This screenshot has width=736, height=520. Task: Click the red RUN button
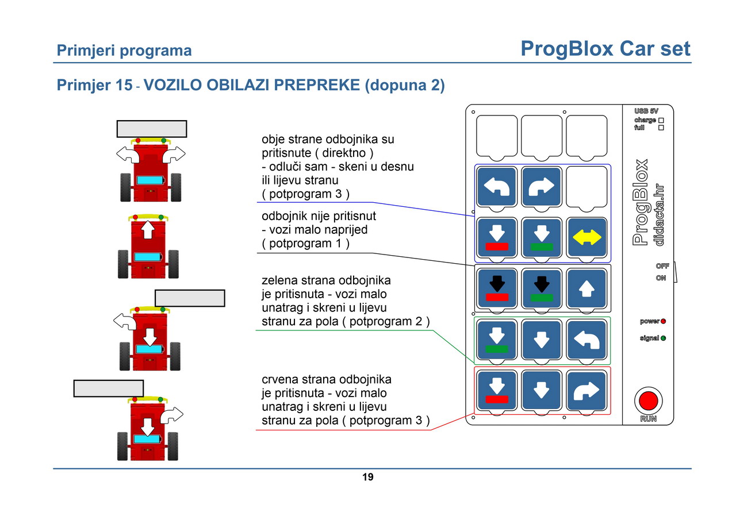click(648, 400)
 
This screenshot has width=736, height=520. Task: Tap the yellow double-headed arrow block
click(586, 237)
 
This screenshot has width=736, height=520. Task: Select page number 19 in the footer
click(367, 477)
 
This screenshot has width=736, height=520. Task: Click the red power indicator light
click(663, 321)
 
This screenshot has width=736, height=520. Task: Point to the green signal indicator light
click(663, 338)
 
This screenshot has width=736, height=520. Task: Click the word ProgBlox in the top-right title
click(567, 49)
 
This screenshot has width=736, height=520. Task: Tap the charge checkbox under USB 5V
click(661, 121)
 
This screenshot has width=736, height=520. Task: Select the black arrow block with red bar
click(497, 288)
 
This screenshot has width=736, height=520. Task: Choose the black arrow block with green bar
click(542, 288)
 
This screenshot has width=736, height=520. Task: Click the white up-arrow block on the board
click(586, 288)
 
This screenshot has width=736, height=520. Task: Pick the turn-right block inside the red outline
click(586, 391)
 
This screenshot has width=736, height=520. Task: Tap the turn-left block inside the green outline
click(586, 340)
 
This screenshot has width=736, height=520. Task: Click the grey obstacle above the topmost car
click(152, 129)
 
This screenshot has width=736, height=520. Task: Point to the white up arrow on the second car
click(148, 229)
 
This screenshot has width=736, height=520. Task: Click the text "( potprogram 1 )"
click(305, 243)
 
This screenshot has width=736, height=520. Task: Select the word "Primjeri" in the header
click(86, 51)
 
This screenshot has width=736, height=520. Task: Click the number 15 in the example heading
click(124, 84)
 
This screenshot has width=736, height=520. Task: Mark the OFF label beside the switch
click(662, 266)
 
